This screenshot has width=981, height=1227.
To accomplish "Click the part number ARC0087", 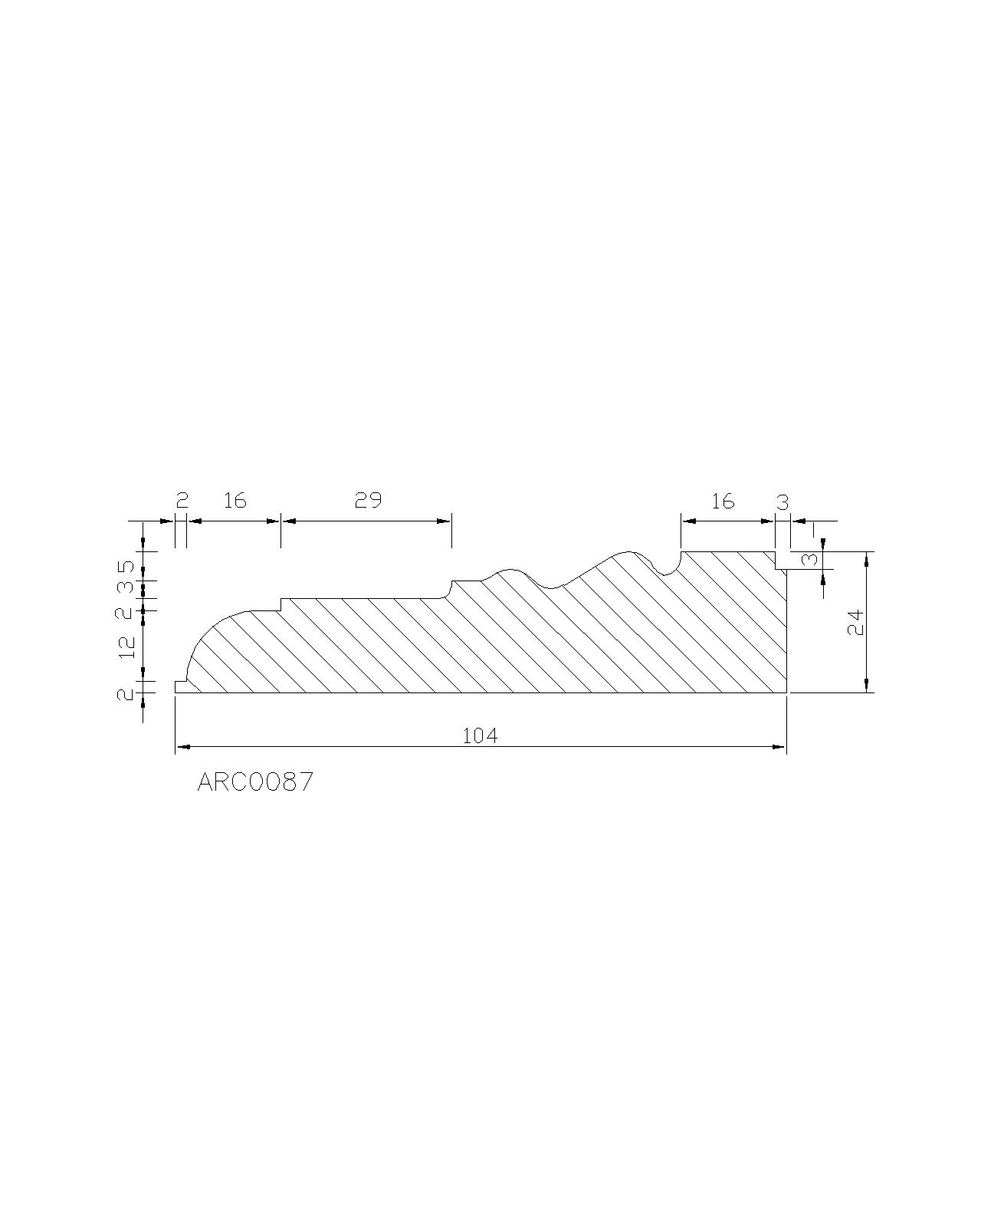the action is (254, 781).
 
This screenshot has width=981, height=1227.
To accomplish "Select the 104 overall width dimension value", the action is (479, 736).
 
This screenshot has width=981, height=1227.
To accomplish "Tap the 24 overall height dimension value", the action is (855, 622).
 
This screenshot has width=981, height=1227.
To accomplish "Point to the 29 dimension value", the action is (368, 500).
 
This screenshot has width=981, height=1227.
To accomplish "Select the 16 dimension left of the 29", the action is (235, 500).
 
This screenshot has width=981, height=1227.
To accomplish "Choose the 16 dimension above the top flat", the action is (723, 502).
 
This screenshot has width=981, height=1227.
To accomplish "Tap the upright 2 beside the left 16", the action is (182, 500).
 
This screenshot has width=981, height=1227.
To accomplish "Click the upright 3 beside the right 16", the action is (783, 502).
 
